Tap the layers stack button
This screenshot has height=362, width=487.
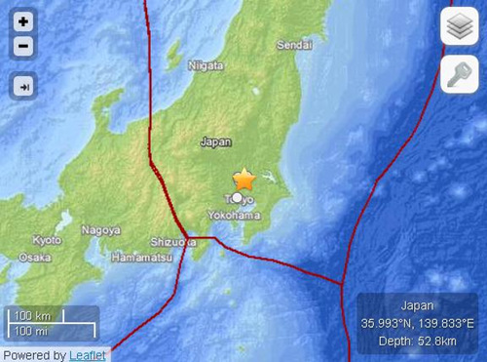(458, 27)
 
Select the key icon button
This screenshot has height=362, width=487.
(458, 74)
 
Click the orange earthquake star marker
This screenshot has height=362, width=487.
(243, 180)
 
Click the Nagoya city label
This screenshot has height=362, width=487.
(102, 230)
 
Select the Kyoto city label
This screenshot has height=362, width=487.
(46, 239)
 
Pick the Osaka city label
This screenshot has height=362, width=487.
(35, 258)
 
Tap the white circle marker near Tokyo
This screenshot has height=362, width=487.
(236, 198)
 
